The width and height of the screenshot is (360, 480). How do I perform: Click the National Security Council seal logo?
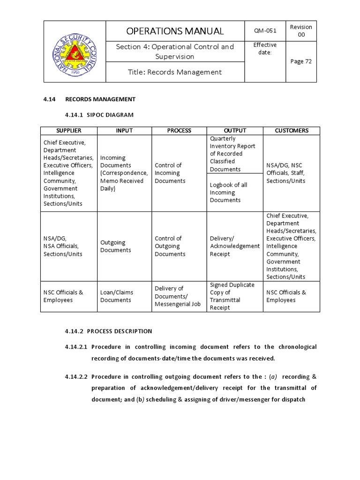coord(75,52)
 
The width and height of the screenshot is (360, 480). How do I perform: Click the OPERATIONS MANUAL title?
coord(175,31)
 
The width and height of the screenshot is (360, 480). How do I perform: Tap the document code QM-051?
coord(265,31)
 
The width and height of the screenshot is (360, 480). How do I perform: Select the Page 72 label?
coord(301,61)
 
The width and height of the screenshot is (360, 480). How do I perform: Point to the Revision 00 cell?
coord(301,31)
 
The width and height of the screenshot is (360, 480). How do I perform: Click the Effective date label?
coord(265,48)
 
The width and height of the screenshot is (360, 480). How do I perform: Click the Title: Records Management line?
coord(175,72)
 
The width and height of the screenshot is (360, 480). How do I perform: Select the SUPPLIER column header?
coord(69,131)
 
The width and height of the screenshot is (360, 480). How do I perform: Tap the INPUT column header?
coord(124,131)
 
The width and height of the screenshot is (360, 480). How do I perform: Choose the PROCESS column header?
coord(179,131)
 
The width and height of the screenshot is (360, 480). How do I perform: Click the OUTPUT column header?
coord(235,131)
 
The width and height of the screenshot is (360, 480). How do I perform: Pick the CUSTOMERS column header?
coord(292,131)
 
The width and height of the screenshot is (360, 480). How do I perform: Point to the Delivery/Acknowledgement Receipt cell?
coord(234,246)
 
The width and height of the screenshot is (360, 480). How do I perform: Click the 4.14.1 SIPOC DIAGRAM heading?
coord(99,115)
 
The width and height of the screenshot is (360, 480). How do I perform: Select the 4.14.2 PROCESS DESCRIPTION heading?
coord(108,331)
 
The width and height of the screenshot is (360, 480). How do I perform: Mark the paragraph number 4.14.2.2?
coord(76,376)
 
